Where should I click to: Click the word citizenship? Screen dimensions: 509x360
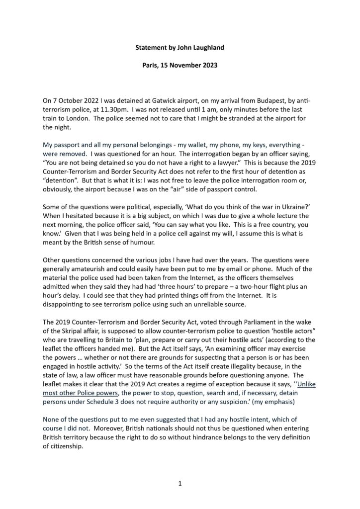tap(68, 446)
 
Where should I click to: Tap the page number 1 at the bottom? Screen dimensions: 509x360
tap(180, 483)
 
